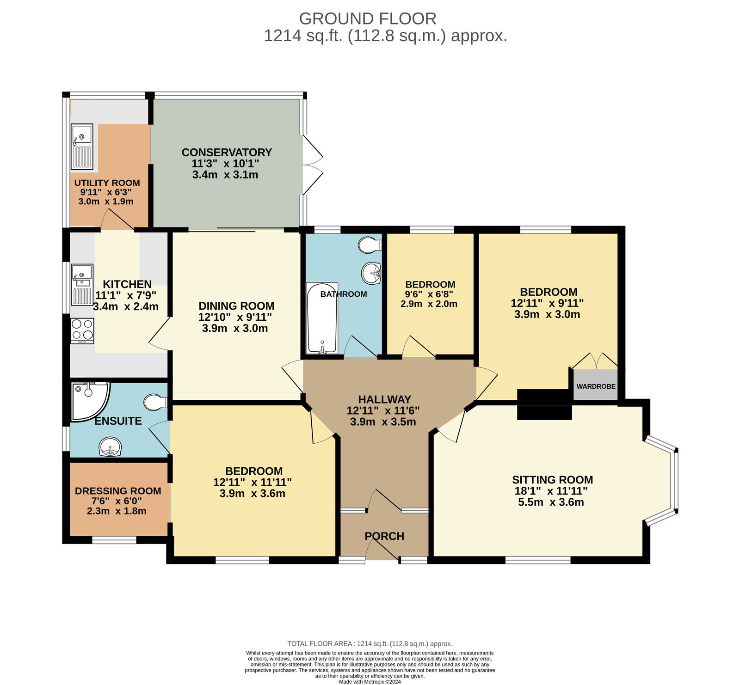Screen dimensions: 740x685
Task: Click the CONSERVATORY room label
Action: point(227,153)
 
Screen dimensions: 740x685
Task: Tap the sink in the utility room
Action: point(82,146)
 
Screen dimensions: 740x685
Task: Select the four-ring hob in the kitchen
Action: point(82,330)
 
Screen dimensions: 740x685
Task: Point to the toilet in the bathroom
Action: point(370,245)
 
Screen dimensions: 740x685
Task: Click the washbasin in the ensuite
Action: point(111,447)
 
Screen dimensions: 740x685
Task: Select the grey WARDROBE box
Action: point(596,385)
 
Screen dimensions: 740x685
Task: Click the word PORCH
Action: point(384,536)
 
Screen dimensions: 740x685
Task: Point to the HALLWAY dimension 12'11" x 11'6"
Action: point(383,410)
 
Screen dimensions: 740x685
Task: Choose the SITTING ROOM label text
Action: point(552,480)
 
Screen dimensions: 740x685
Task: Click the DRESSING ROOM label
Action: point(118,491)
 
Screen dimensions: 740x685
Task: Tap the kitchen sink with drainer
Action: point(82,285)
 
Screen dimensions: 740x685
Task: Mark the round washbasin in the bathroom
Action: point(371,273)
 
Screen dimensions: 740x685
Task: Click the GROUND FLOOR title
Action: point(368,18)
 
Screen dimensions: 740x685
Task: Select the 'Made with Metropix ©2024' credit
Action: point(370,681)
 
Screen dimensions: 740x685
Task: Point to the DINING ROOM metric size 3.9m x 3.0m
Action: point(235,328)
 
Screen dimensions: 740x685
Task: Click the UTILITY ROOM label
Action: point(107,183)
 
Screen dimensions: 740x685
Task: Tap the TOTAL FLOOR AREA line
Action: point(370,643)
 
